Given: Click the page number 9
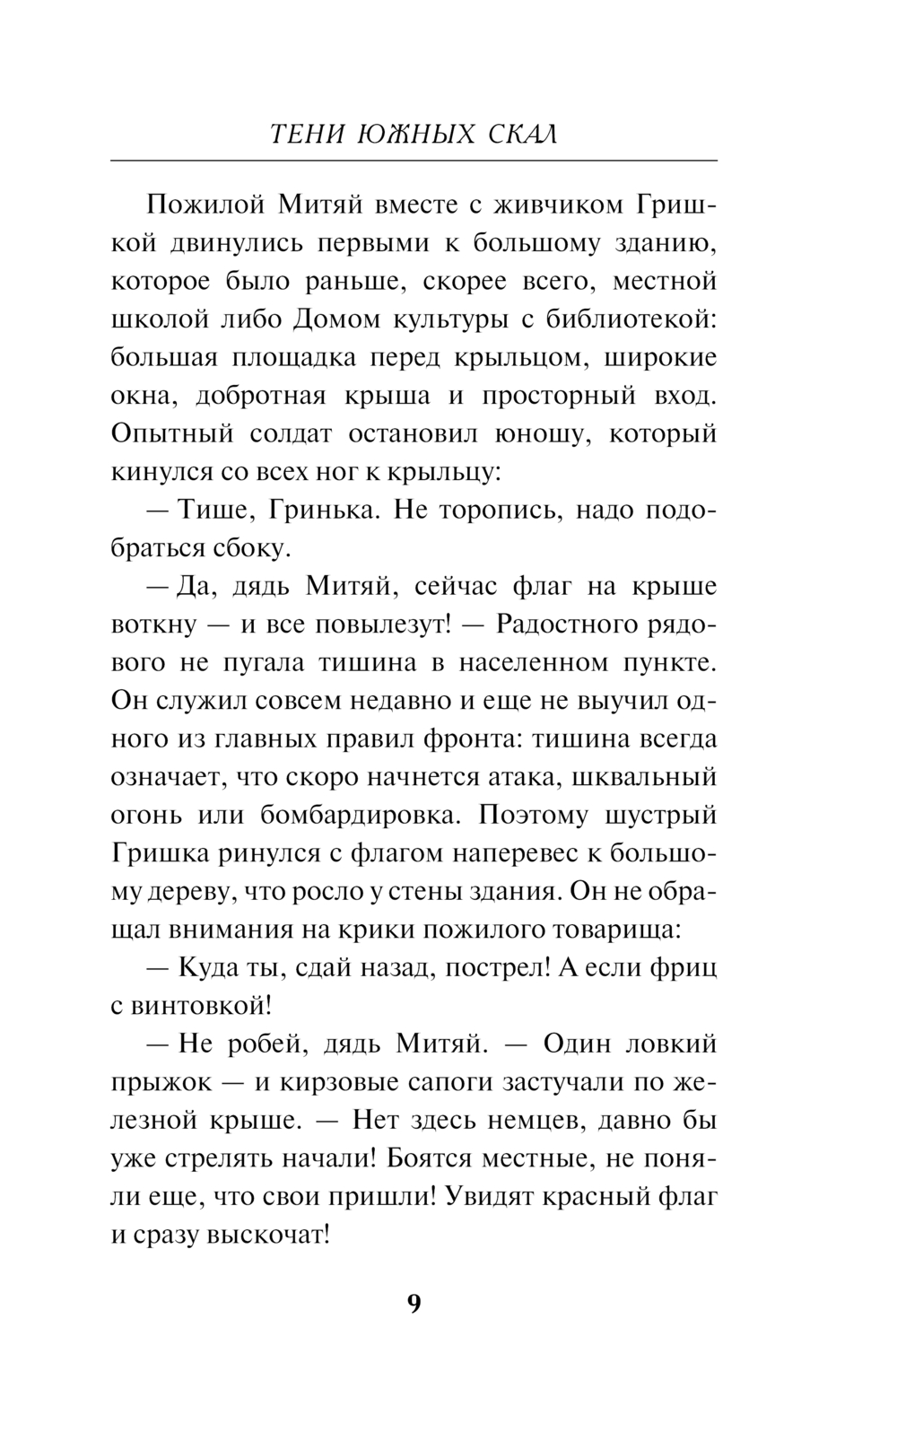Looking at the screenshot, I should click(x=414, y=1304).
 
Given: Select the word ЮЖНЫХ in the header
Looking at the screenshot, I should click(x=410, y=134).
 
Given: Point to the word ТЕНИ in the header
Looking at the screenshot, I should click(x=305, y=134).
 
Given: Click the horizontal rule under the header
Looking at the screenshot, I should click(x=414, y=161).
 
